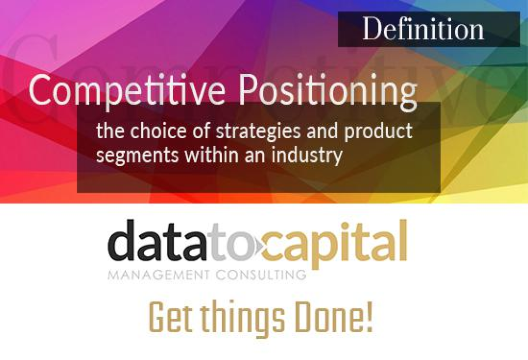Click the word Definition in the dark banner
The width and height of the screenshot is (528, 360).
point(423,29)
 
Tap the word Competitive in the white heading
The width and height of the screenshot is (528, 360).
point(127,89)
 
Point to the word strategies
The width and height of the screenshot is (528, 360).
point(258,132)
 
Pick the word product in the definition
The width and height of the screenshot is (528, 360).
point(378,132)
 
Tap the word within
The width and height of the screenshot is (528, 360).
point(211,155)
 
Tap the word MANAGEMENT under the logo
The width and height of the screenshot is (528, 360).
point(159,275)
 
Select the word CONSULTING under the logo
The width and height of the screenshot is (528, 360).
point(260,275)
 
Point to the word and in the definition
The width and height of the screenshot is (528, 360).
point(322,131)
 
